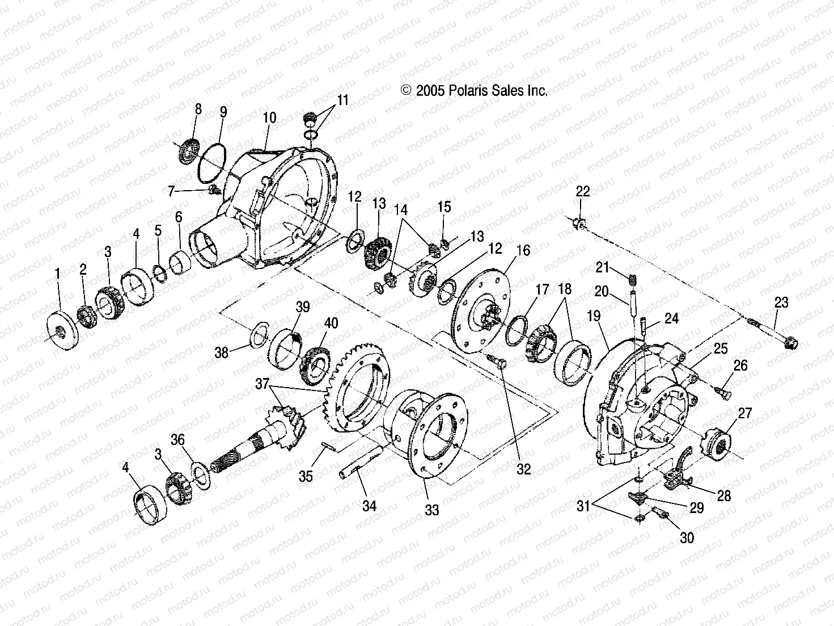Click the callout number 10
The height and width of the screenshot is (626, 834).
click(270, 117)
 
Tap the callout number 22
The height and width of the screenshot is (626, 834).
click(583, 191)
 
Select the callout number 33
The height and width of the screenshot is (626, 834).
click(432, 510)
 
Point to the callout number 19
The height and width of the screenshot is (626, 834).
click(594, 316)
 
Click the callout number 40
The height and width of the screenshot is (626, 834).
click(331, 323)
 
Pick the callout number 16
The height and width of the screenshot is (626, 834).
click(523, 250)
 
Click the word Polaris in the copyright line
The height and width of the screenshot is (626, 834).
click(469, 91)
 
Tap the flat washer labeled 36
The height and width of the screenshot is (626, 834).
click(200, 473)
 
